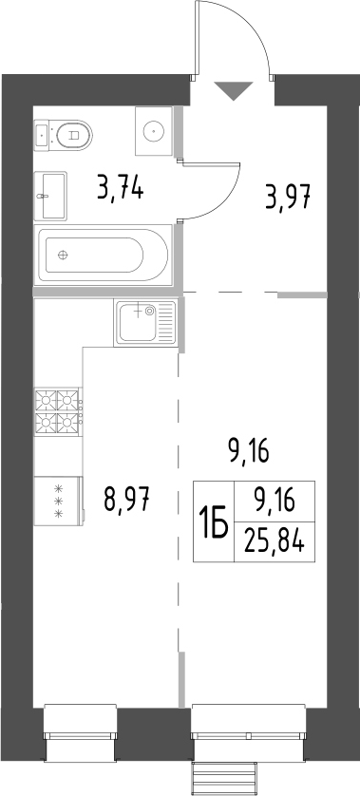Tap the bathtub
coord(103,255)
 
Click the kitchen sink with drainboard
coord(145,323)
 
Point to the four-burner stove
coord(59,410)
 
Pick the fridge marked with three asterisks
coord(59,500)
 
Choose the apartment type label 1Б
coord(213,521)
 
